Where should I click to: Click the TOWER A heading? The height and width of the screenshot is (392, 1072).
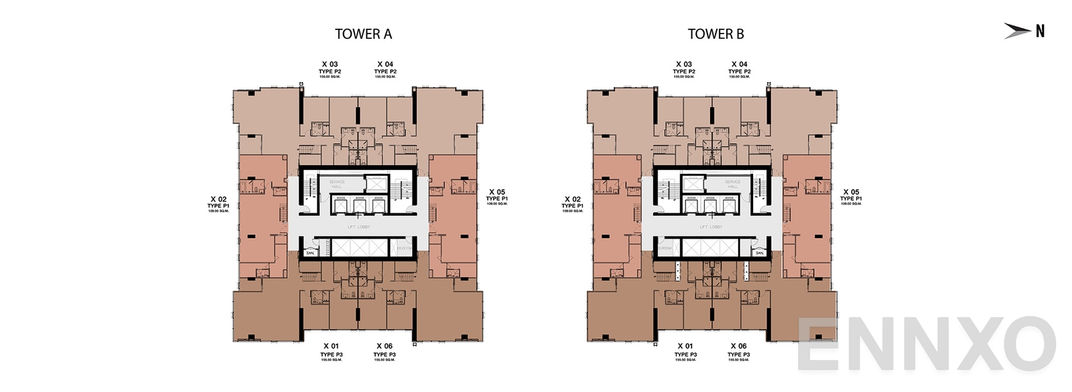(x=363, y=34)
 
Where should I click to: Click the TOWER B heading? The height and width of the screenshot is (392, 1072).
(x=716, y=34)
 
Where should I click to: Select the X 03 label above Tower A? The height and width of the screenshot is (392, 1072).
(x=330, y=65)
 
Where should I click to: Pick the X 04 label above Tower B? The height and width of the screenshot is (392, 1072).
(x=739, y=65)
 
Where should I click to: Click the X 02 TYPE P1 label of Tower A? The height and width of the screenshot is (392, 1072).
(x=218, y=203)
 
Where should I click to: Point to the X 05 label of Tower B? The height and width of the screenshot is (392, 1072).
(x=851, y=193)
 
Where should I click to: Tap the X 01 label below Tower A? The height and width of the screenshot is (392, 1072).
(x=331, y=347)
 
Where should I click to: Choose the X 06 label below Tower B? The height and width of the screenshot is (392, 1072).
(x=738, y=347)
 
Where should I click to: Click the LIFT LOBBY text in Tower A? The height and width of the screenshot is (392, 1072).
(x=358, y=227)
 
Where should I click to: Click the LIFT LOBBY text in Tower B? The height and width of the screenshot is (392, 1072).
(x=711, y=227)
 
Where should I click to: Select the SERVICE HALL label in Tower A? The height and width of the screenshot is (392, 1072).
(x=336, y=184)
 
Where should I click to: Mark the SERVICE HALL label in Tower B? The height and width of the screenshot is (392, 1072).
(x=732, y=184)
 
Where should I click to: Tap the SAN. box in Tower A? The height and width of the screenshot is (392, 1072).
(x=310, y=253)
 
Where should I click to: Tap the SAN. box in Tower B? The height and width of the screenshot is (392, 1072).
(x=759, y=253)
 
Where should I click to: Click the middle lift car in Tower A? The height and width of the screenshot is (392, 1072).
(x=359, y=207)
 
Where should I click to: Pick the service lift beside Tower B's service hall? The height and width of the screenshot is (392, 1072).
(x=693, y=183)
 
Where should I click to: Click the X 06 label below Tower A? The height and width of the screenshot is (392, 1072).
(x=385, y=347)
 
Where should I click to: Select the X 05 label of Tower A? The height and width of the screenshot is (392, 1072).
(x=497, y=193)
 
